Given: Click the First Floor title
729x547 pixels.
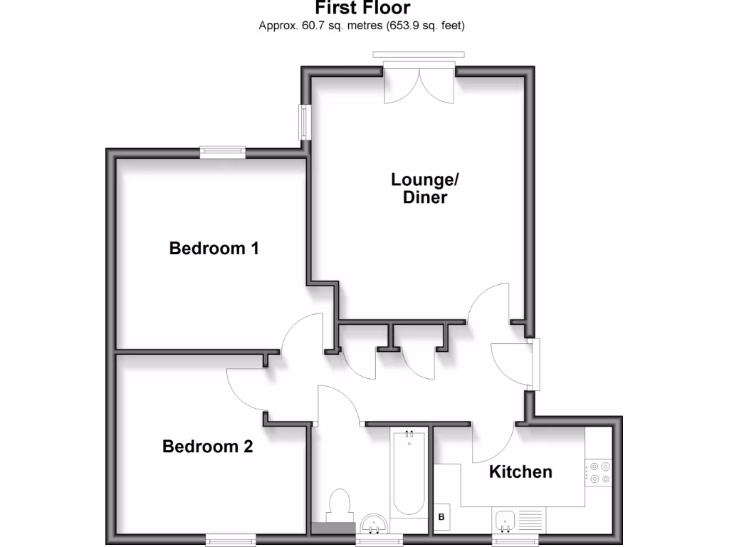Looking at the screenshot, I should tap(363, 9).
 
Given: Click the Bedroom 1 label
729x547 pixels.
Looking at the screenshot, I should tap(214, 249).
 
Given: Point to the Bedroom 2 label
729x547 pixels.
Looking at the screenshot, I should tap(207, 447).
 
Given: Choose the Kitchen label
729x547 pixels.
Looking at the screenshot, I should tap(520, 472).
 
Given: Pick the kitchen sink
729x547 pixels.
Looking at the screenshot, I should tap(506, 520).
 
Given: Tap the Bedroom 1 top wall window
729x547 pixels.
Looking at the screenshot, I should tap(222, 151).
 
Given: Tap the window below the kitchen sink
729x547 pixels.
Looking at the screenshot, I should tap(518, 538).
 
